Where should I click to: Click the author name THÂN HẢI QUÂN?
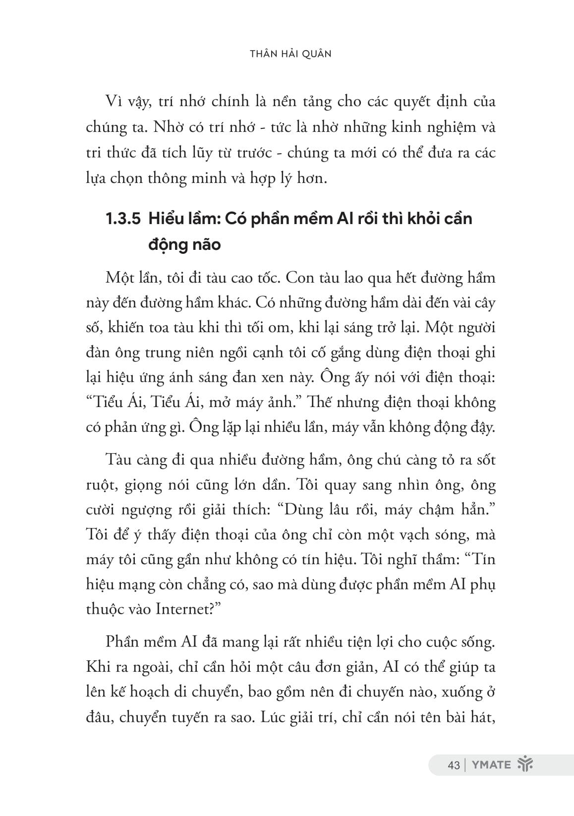coord(290,54)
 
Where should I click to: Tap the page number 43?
coord(454,764)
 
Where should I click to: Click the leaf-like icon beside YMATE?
coord(524,764)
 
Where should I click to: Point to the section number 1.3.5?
coord(123,219)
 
